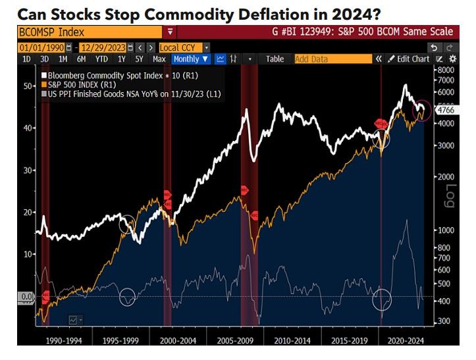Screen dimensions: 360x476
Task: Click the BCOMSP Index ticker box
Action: point(89,32)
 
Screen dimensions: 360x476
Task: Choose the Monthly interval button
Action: point(190,59)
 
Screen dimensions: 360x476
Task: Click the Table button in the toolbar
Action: point(275,59)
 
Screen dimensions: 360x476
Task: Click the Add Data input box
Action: point(332,59)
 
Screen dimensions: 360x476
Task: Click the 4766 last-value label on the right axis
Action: point(446,111)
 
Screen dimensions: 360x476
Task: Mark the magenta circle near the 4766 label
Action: point(421,111)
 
